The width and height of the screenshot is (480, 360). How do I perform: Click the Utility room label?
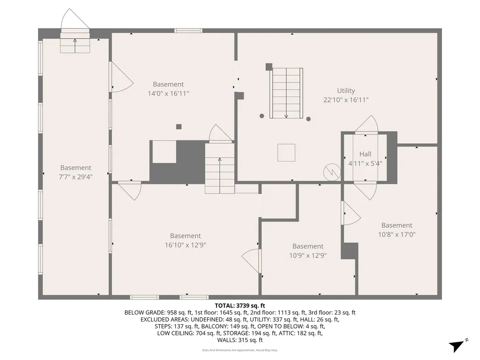tap(346, 90)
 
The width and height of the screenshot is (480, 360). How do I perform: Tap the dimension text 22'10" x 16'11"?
tap(346, 100)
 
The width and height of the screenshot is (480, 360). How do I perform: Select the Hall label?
tap(365, 154)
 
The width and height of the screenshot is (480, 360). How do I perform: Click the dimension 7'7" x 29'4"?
tap(75, 177)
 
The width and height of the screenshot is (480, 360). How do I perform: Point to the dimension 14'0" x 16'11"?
tap(168, 93)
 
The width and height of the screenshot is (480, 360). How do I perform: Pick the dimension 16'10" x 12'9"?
tap(185, 245)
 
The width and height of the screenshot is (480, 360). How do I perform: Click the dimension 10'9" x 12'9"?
tap(307, 255)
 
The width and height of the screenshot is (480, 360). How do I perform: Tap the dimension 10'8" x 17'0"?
tap(397, 234)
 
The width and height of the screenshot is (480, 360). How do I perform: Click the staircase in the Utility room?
tap(287, 92)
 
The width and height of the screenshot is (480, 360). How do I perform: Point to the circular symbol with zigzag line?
tap(331, 171)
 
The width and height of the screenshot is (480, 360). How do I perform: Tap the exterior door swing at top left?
tap(75, 20)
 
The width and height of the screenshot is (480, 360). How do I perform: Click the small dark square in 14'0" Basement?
tap(179, 126)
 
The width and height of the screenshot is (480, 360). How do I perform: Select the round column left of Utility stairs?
tap(262, 116)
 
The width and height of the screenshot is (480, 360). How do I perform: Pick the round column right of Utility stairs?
tap(308, 119)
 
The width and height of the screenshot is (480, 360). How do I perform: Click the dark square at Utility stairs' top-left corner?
tap(269, 67)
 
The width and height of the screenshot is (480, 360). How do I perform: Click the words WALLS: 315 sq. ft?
tap(240, 340)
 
